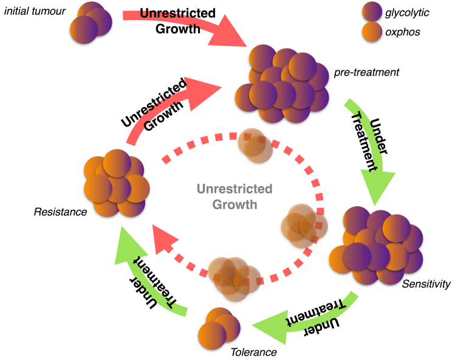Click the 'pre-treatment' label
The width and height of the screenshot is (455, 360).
pyautogui.click(x=366, y=72)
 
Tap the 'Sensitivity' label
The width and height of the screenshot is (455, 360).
pyautogui.click(x=426, y=284)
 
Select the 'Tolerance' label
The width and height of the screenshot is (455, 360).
pyautogui.click(x=253, y=351)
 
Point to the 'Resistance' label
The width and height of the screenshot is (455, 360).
pyautogui.click(x=60, y=212)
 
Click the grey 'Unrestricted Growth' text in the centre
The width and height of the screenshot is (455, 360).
pyautogui.click(x=234, y=196)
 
